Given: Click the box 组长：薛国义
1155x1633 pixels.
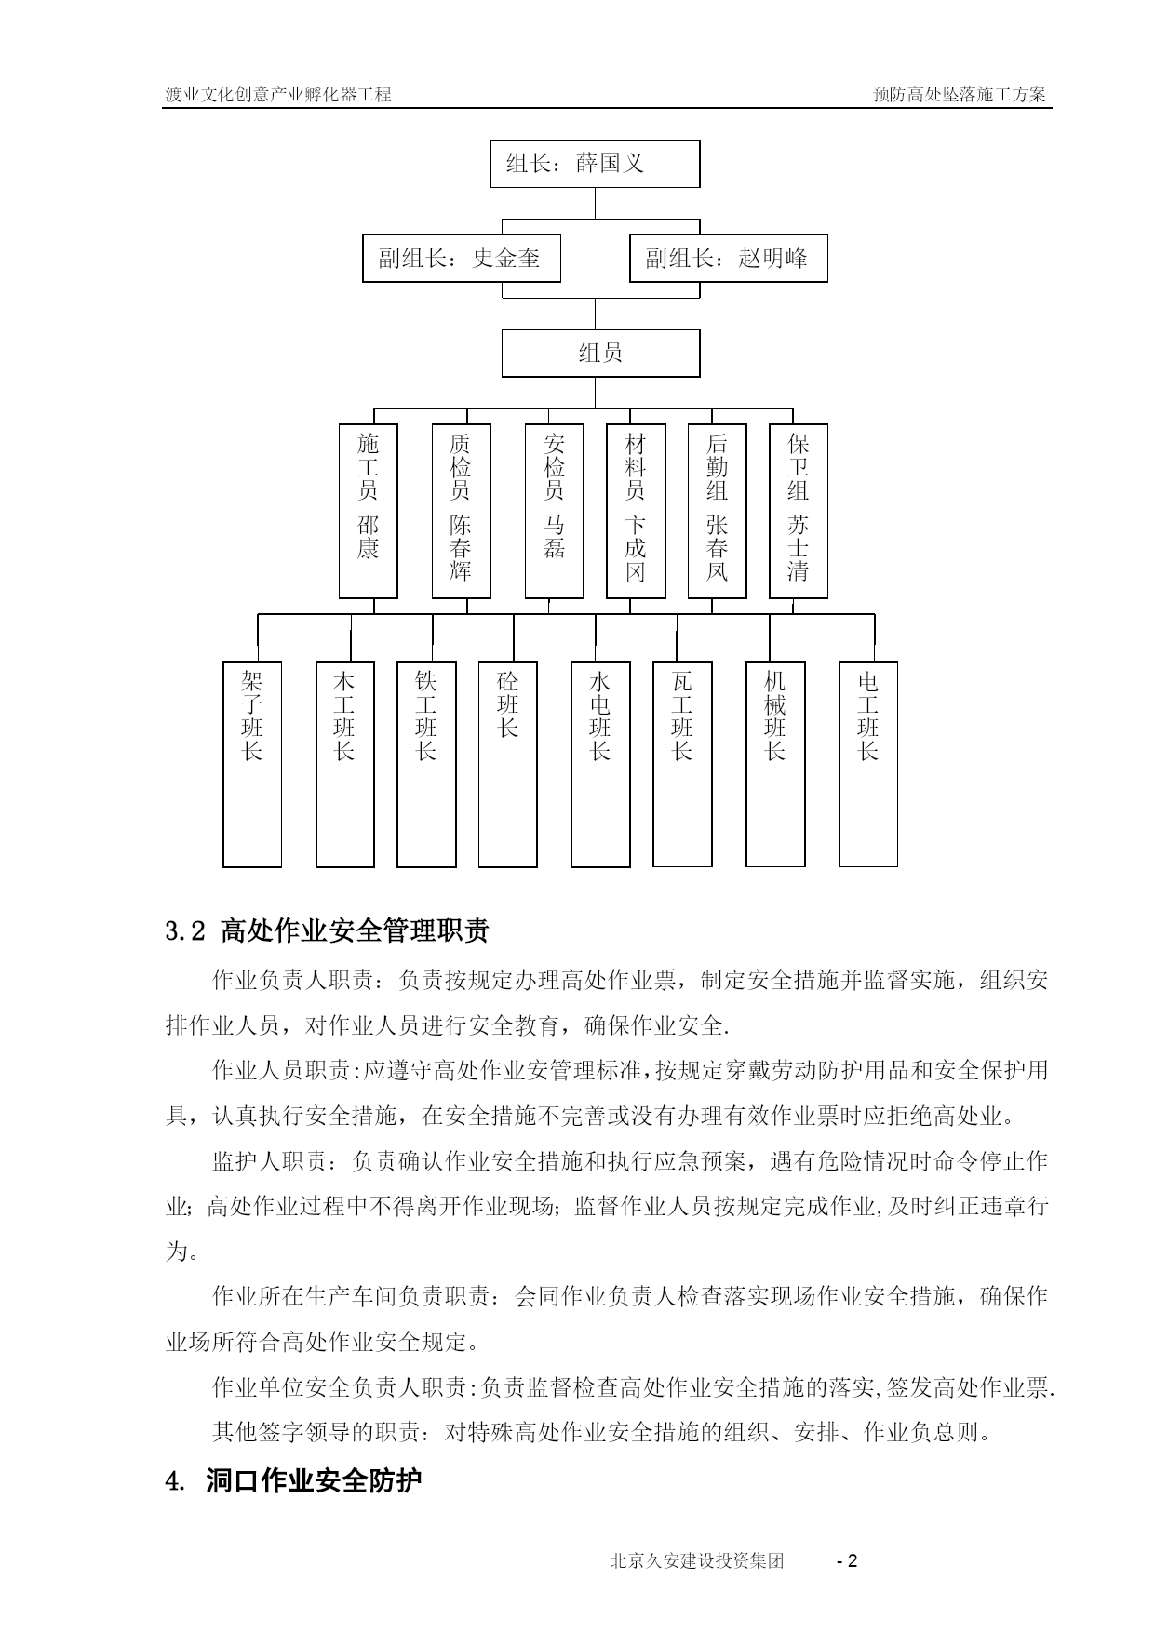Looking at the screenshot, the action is (595, 164).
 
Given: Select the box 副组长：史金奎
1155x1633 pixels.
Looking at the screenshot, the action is (462, 258).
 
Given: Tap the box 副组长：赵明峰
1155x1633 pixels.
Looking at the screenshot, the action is (729, 258).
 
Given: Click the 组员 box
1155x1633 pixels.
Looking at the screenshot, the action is (600, 353).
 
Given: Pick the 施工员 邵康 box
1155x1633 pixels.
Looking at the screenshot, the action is (369, 511).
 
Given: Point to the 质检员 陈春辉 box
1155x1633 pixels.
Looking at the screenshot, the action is (462, 511).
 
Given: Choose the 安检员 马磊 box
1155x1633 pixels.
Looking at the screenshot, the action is (555, 511).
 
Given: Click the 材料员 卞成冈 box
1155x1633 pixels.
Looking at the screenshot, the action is (636, 511).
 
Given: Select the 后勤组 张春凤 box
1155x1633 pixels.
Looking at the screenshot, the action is (718, 511).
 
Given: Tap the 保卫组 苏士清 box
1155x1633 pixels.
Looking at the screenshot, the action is (799, 511).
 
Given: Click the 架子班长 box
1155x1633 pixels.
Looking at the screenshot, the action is (252, 764).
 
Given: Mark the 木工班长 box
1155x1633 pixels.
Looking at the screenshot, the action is (345, 764).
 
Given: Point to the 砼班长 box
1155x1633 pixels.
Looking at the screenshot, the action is (508, 764).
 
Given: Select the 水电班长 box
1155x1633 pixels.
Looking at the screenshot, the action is (600, 764).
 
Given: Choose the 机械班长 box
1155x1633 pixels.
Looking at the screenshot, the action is (775, 764).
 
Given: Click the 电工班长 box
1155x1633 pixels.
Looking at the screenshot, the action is (868, 764).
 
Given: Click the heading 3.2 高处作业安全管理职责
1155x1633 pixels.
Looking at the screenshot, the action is (327, 930).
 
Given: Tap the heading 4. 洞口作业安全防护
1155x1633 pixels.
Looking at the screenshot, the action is (293, 1481).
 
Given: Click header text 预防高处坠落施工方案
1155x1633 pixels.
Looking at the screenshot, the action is (960, 94).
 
